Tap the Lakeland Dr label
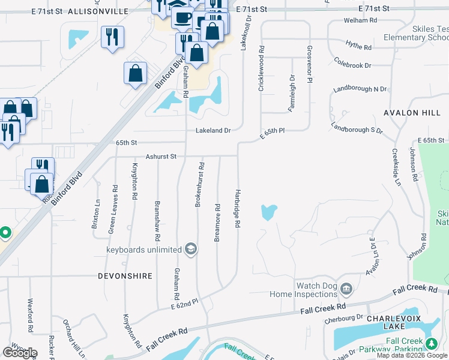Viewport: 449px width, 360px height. pyautogui.click(x=213, y=130)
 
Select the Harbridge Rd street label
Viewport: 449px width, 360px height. pyautogui.click(x=238, y=207)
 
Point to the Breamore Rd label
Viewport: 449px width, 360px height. pyautogui.click(x=217, y=223)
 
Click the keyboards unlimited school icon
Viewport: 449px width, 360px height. pyautogui.click(x=190, y=250)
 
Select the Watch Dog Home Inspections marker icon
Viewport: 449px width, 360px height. pyautogui.click(x=346, y=290)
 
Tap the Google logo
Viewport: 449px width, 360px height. pyautogui.click(x=20, y=352)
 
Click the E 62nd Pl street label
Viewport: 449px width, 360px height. pyautogui.click(x=184, y=305)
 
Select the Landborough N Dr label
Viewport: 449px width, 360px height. pyautogui.click(x=360, y=89)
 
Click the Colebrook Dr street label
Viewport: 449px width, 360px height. pyautogui.click(x=353, y=64)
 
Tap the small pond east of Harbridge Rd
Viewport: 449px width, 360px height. pyautogui.click(x=269, y=212)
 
